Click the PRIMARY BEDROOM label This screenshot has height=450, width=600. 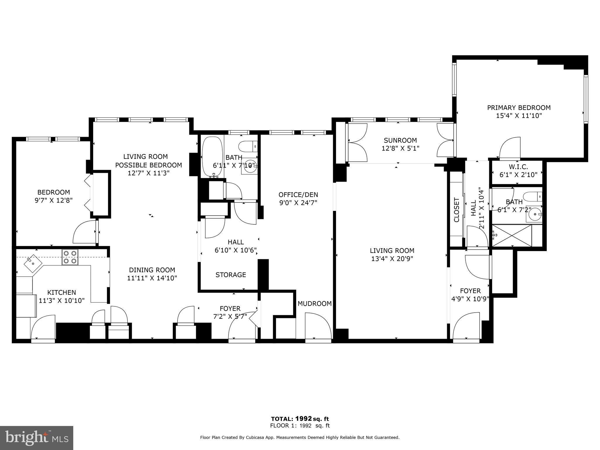coord(519,108)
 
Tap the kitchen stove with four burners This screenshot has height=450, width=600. coord(70,257)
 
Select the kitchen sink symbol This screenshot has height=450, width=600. coord(33,263)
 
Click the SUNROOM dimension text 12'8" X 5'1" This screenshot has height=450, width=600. coord(400,149)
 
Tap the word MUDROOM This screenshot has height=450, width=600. coord(314,304)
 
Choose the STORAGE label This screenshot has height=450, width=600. coord(231,275)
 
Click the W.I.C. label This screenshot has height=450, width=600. coord(518,167)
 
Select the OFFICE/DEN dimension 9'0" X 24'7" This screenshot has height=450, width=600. coord(298,203)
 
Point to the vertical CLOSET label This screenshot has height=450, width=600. coord(456,210)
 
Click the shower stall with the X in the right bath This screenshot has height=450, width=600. coord(512,236)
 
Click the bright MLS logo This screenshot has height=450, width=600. coord(37,438)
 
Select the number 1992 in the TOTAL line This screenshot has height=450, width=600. coord(303,419)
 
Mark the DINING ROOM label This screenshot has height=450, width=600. coord(152,270)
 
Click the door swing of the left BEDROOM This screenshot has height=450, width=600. coord(84,232)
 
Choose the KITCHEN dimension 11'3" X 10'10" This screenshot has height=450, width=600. coord(62,301)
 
